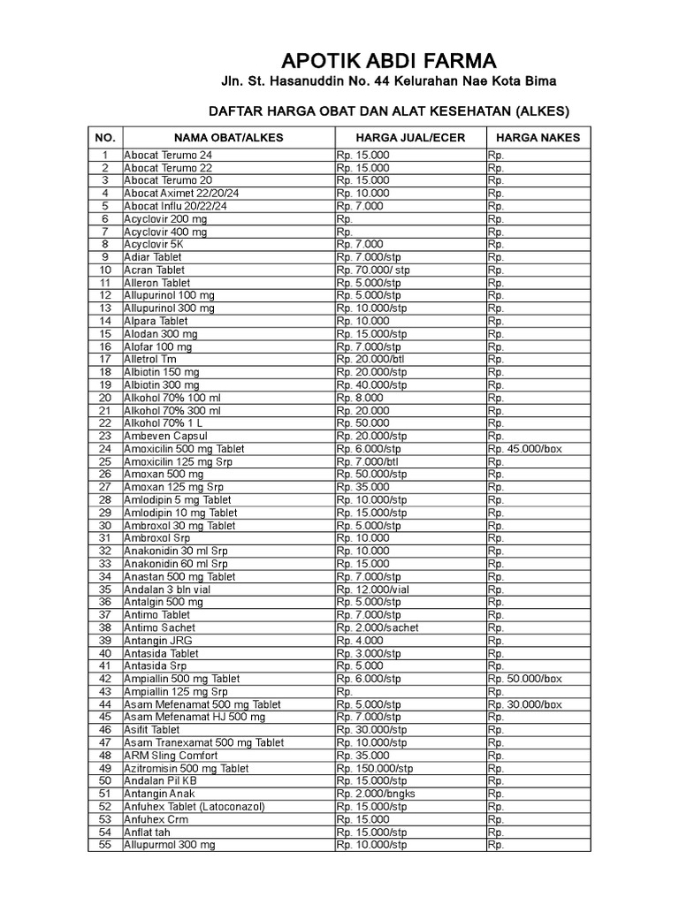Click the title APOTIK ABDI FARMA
(x=388, y=61)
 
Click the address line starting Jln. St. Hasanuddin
(x=388, y=83)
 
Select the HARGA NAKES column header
(x=538, y=138)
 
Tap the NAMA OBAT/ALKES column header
(x=228, y=138)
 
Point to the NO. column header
(x=105, y=138)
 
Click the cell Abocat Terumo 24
(x=168, y=156)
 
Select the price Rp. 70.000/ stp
(x=374, y=270)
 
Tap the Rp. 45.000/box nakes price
(x=524, y=449)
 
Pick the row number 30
(x=105, y=526)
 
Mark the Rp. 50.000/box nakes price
(x=524, y=679)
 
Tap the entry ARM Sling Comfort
(x=171, y=756)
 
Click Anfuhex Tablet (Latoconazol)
(x=195, y=807)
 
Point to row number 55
(x=105, y=845)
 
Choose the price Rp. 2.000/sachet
(x=377, y=627)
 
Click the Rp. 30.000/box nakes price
(x=524, y=704)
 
